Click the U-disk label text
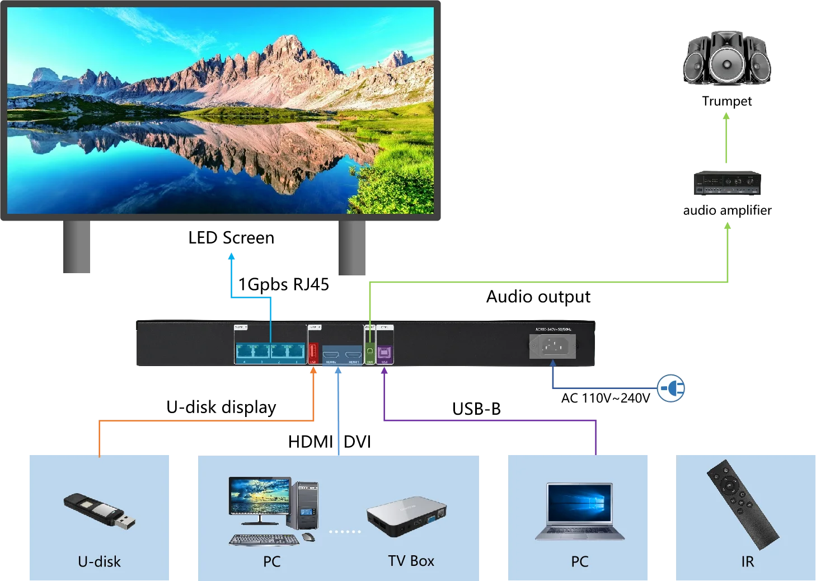99,561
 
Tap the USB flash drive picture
99,510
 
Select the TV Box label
411,561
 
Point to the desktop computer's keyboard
264,540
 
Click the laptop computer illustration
579,512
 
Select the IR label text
747,561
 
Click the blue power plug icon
670,388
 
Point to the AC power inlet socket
553,346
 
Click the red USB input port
313,352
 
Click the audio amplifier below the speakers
727,184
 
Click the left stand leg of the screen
78,247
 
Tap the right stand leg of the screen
351,249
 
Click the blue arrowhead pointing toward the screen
231,256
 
